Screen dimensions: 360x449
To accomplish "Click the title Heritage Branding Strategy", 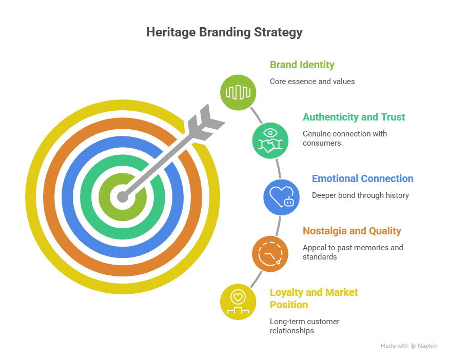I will tap(224, 32).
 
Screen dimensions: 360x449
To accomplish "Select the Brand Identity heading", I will tap(302, 65).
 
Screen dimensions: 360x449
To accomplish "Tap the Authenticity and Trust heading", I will tap(354, 117).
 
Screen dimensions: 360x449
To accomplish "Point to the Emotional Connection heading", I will tap(363, 179).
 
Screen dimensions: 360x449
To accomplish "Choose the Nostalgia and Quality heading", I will tap(352, 231).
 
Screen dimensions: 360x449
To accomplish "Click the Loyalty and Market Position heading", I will tap(314, 298).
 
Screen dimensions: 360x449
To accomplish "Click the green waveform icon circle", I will tap(238, 92).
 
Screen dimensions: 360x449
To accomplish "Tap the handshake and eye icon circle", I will tap(270, 139).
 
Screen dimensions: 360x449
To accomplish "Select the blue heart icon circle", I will tap(281, 196).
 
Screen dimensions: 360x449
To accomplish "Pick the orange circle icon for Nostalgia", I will tap(270, 253).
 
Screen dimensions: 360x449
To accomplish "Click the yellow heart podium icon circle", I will tap(238, 302).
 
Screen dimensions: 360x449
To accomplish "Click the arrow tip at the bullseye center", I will tap(122, 196).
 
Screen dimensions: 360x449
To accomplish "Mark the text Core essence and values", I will tap(313, 82).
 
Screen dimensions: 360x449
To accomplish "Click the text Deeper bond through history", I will tap(360, 195).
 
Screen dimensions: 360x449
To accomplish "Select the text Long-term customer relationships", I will tap(305, 326).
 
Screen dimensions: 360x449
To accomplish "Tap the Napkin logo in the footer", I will tap(424, 346).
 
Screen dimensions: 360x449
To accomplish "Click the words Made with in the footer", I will tap(395, 346).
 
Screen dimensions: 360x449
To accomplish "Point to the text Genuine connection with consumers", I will tap(345, 138).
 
